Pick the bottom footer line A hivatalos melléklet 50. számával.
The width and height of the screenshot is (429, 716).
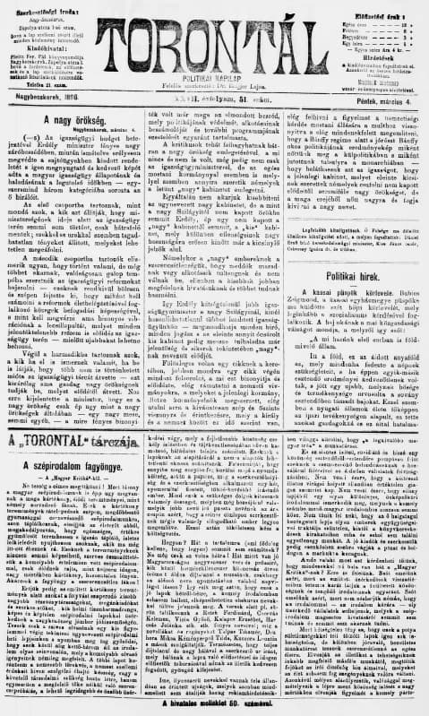(x=214, y=707)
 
